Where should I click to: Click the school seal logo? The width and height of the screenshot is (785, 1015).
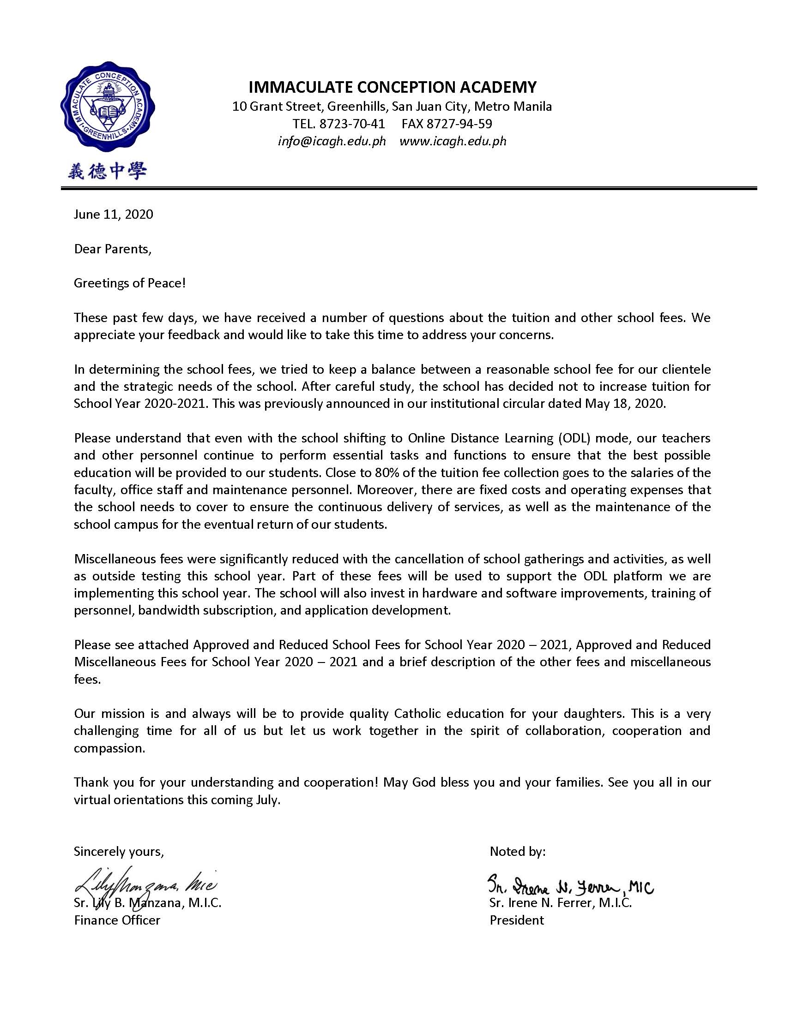(108, 108)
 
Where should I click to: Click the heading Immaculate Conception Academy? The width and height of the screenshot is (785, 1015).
(392, 87)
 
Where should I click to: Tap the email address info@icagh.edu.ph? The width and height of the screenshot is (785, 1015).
(332, 141)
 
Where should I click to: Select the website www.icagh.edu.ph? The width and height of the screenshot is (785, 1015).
(453, 141)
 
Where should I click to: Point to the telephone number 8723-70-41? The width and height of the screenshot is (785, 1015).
(338, 124)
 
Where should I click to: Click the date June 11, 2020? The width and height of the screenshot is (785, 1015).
(114, 214)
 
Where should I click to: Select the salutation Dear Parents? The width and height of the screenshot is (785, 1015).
(113, 249)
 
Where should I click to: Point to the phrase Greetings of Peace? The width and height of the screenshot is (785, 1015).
(130, 283)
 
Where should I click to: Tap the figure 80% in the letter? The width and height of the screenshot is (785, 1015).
(386, 472)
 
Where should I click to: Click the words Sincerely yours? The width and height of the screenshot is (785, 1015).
(119, 851)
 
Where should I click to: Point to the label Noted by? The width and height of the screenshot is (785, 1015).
(517, 851)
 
